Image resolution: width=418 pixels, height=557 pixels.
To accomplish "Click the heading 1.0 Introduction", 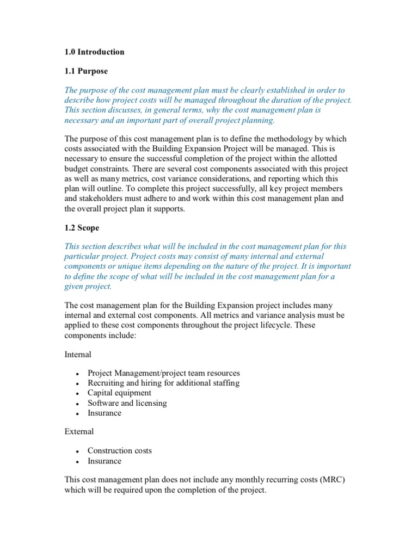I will (94, 52).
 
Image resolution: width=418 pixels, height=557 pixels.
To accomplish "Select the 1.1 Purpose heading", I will (86, 71).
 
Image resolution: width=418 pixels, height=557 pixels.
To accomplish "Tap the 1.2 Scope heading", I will (82, 228).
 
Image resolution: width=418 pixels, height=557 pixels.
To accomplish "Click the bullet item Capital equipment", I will (119, 393).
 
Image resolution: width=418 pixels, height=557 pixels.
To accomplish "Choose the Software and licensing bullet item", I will (127, 403).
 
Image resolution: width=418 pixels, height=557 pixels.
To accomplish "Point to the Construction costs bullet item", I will (120, 450).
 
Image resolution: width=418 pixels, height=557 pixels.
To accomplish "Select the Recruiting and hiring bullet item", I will (163, 383).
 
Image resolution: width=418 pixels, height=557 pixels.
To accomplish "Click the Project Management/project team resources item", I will (163, 373).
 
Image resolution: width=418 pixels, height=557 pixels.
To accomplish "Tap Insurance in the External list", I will (104, 461).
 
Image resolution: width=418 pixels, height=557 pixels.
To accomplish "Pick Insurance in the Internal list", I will (104, 413).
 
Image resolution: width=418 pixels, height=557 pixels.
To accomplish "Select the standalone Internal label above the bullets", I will (78, 354).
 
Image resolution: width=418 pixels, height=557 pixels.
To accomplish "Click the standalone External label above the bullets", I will (79, 431).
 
